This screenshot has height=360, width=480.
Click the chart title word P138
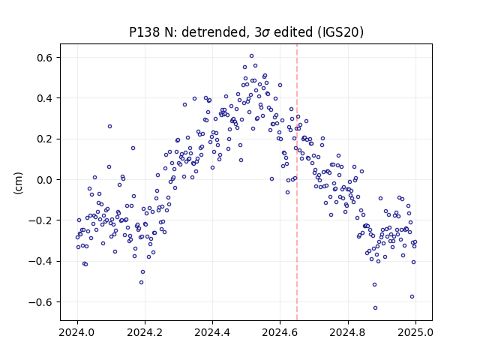tap(145, 32)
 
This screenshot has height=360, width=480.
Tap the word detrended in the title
tap(214, 32)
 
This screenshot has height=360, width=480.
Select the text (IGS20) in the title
tap(340, 32)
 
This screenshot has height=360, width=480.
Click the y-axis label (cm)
tap(18, 183)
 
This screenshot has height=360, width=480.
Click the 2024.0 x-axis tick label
tap(77, 332)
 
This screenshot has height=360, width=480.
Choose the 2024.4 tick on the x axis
tap(212, 332)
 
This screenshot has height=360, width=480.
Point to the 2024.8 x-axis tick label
tap(348, 332)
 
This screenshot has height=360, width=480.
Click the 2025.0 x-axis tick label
tap(415, 332)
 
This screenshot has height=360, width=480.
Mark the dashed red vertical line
tap(297, 182)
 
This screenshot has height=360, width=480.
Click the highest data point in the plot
tap(252, 56)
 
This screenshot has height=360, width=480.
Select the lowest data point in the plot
tap(375, 308)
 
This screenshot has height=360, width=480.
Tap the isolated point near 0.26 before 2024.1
tap(110, 127)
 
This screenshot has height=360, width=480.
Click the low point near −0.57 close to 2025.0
tap(412, 297)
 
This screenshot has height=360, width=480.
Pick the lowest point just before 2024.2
tap(142, 282)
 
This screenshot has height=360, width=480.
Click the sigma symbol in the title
tap(266, 33)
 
